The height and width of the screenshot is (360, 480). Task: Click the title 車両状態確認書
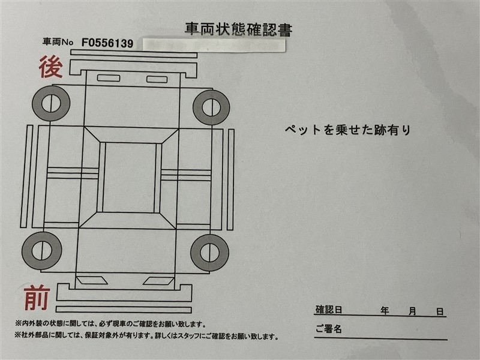[239, 29]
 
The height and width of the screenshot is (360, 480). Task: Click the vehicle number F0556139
[107, 43]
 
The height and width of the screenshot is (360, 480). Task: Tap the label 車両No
[58, 41]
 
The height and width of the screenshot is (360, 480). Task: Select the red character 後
[51, 67]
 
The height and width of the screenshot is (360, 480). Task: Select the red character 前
[37, 297]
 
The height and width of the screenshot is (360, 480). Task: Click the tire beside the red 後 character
[51, 103]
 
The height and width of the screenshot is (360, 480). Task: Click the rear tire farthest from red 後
[211, 107]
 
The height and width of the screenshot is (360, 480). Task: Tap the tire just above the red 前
[42, 251]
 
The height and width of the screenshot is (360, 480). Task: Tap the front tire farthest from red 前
[209, 253]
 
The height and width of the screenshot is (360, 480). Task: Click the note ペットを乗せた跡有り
[347, 130]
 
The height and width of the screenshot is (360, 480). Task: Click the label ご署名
[328, 329]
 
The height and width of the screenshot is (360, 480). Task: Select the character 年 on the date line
[385, 311]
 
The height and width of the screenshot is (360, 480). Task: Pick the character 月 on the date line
[412, 311]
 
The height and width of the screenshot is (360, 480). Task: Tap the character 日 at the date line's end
[440, 312]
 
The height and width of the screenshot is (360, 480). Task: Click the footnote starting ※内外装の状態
[110, 324]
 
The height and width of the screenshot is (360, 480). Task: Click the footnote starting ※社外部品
[146, 336]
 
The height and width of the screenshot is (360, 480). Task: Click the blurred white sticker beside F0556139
[214, 45]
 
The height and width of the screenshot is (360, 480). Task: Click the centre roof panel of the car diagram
[129, 178]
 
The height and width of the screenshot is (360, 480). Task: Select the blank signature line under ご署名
[381, 338]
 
